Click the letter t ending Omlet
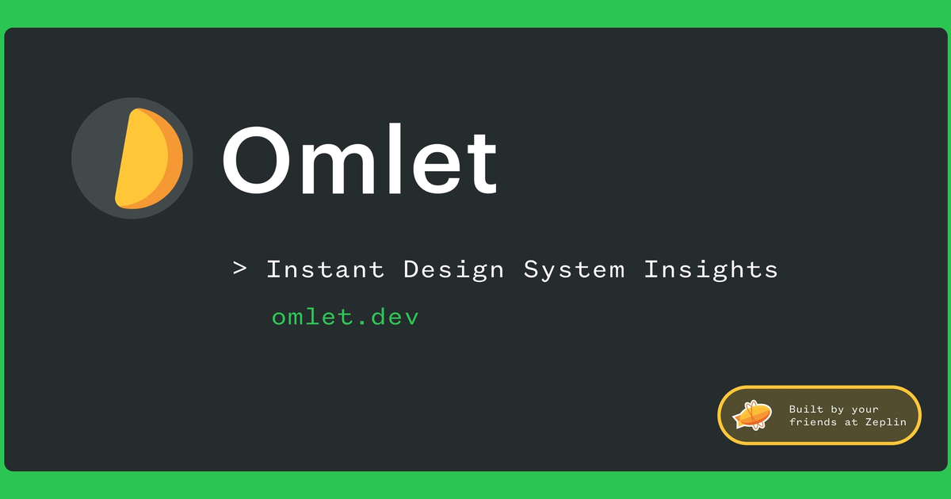tap(482, 163)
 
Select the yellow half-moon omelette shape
tap(141, 158)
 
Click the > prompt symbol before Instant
tap(240, 269)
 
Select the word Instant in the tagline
tap(325, 269)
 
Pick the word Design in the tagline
tap(453, 270)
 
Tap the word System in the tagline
tap(574, 270)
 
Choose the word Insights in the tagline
tap(710, 270)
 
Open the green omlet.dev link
tap(345, 318)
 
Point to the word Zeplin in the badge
tap(884, 422)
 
